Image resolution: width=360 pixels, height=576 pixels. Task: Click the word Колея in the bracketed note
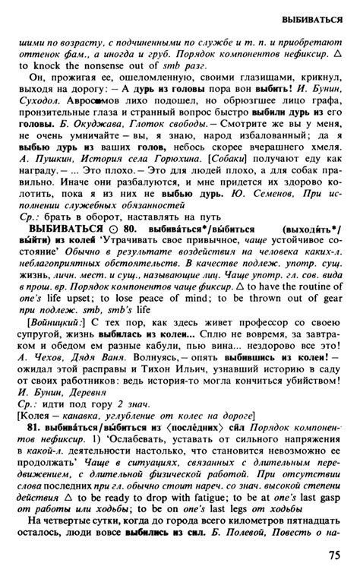[x=36, y=416]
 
